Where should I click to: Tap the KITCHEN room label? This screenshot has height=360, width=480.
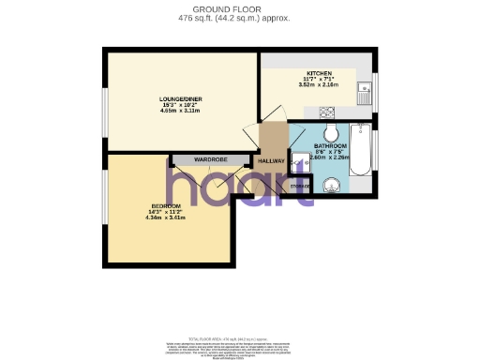pyautogui.click(x=319, y=73)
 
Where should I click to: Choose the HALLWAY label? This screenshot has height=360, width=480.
pyautogui.click(x=271, y=160)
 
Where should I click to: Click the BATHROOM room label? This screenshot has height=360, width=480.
pyautogui.click(x=330, y=147)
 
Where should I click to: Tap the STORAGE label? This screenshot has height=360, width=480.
pyautogui.click(x=299, y=187)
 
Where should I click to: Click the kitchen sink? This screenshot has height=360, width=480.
pyautogui.click(x=372, y=92)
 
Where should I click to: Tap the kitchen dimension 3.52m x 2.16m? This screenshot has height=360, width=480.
pyautogui.click(x=319, y=85)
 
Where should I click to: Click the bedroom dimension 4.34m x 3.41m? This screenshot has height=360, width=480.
pyautogui.click(x=166, y=217)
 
